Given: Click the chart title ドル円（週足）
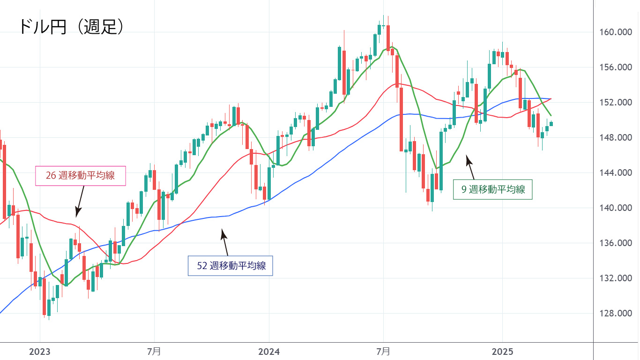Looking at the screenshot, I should tap(72, 27).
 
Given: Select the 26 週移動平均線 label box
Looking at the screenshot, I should tap(81, 176).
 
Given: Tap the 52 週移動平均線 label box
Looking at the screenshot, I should tap(230, 265).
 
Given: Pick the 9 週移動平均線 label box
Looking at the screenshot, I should tap(492, 189).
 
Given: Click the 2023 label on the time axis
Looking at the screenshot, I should tap(40, 351).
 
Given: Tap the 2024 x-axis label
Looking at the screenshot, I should tap(269, 351).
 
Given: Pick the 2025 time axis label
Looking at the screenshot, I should tap(502, 351).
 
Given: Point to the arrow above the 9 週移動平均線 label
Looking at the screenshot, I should tap(470, 168).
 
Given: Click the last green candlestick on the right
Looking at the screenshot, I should tap(551, 124).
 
